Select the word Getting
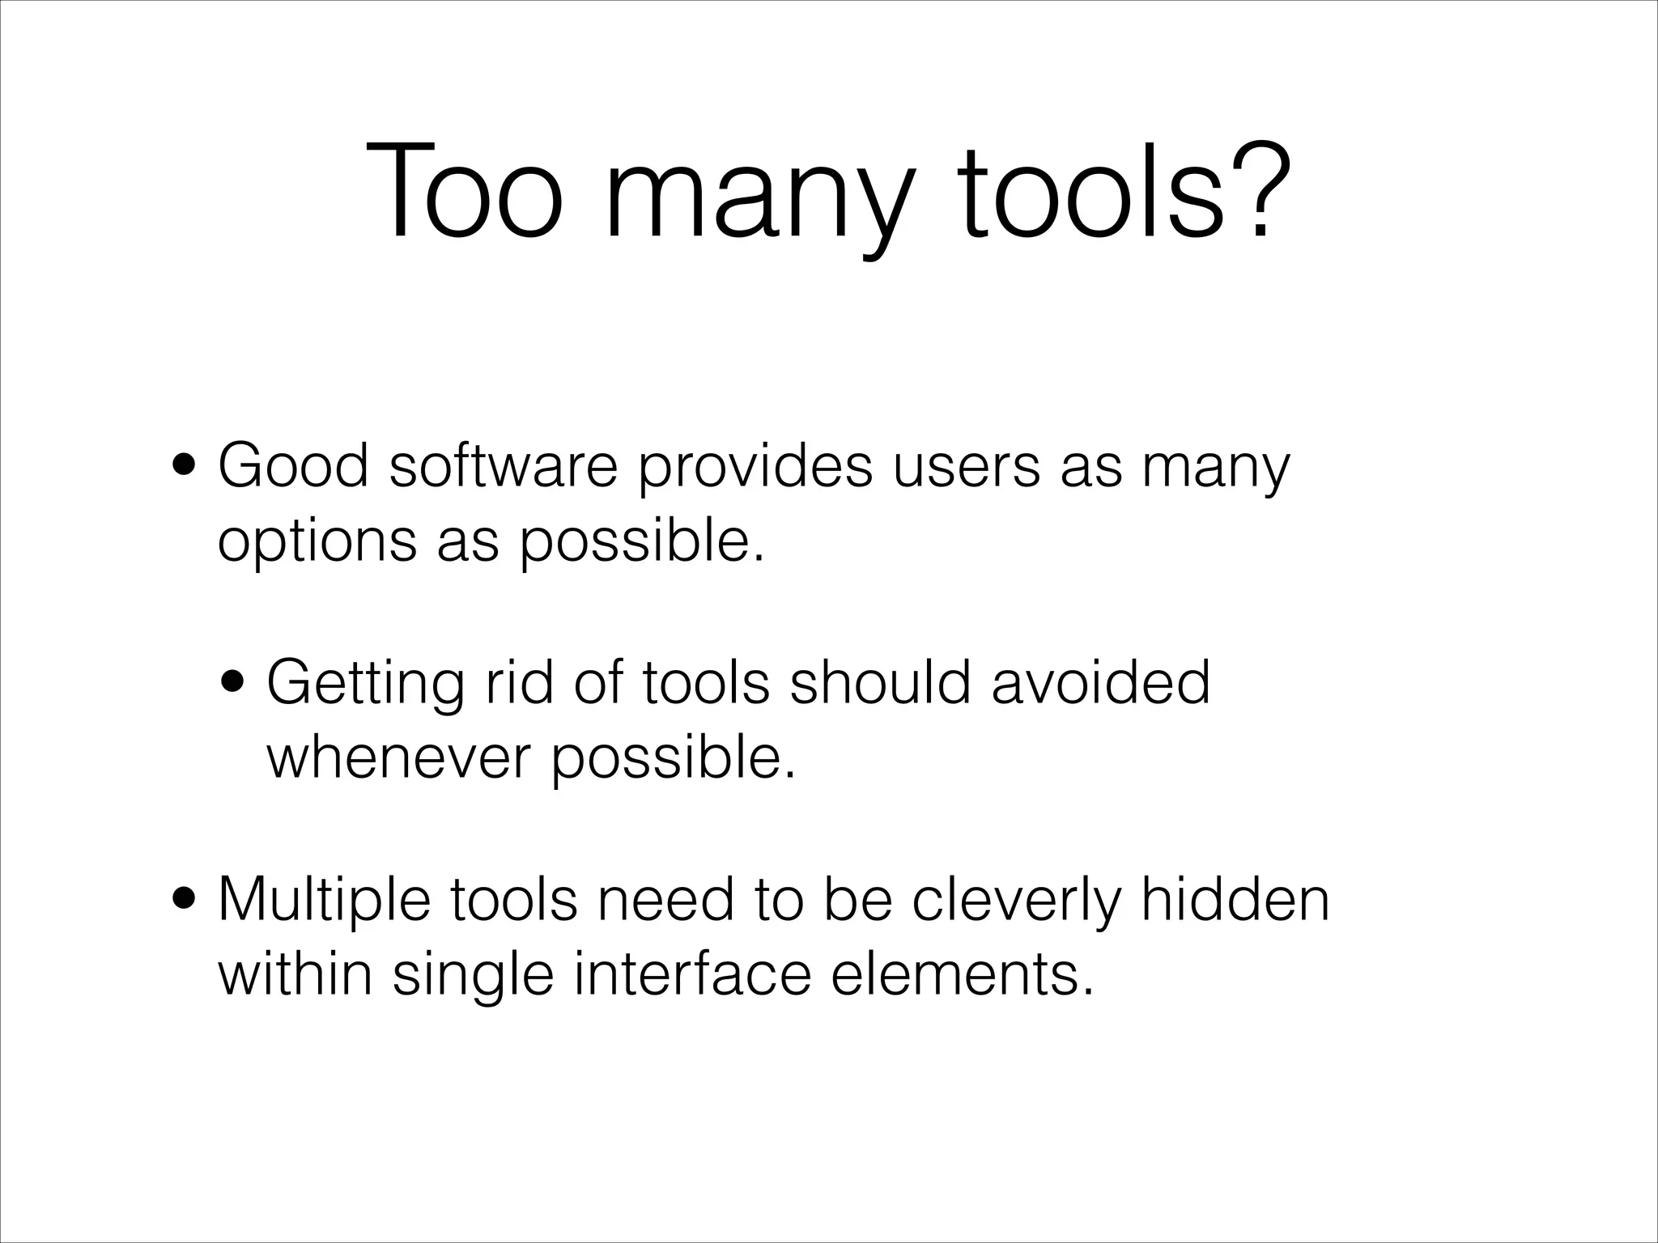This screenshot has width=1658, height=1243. click(365, 685)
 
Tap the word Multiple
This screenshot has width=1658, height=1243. click(324, 900)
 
